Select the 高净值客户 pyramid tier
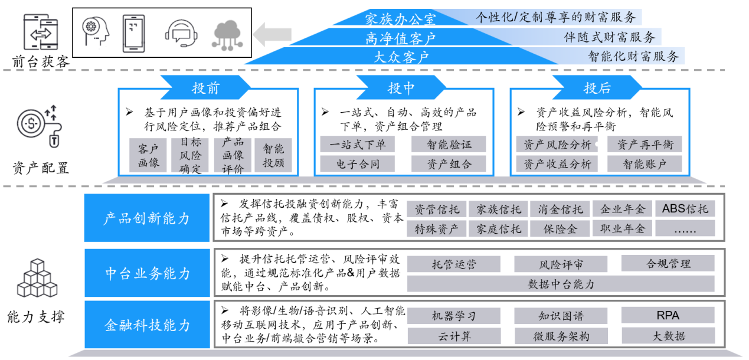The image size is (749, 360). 400,38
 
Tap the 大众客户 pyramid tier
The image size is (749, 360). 401,57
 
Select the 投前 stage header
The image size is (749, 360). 205,89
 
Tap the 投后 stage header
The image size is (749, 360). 597,89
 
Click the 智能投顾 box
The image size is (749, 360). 273,156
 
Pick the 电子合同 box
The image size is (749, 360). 358,164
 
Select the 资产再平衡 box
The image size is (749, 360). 645,145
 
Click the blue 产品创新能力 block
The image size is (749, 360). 147,218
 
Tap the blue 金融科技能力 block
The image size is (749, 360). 147,325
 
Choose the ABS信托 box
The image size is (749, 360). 685,208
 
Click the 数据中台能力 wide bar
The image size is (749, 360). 561,284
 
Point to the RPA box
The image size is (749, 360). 668,316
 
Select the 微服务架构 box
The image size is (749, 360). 561,336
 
